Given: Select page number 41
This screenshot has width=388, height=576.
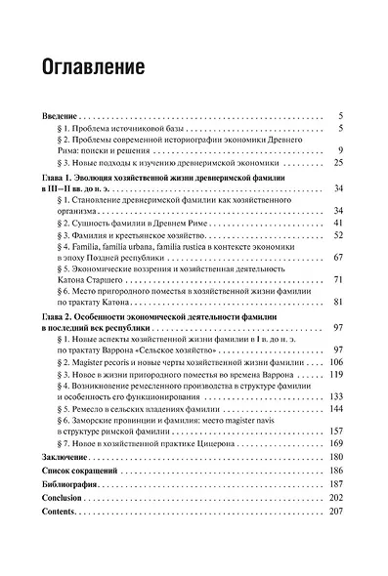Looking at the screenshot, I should pos(335,224).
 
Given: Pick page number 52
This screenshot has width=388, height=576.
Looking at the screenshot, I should pos(335,236).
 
